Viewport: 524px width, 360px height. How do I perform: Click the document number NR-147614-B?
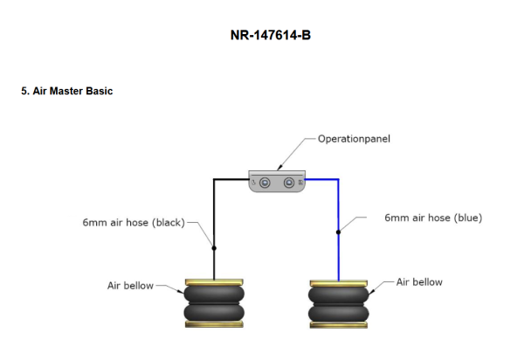[262, 38]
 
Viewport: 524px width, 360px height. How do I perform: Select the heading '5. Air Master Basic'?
[67, 91]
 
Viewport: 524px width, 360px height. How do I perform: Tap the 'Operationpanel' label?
[355, 139]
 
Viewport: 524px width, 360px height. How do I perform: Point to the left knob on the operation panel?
[264, 183]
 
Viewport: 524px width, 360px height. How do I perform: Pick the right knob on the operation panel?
[290, 183]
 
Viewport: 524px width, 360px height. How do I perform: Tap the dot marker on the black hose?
[214, 248]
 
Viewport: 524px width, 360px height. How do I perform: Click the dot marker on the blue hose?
[338, 232]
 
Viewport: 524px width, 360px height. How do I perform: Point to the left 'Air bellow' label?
[130, 285]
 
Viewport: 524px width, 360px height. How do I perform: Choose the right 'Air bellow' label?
[419, 282]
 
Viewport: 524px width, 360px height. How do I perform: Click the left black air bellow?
[213, 302]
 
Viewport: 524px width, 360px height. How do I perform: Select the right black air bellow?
[338, 302]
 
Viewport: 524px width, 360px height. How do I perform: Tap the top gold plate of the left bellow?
[213, 282]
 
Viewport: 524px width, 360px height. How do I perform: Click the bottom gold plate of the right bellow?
[338, 324]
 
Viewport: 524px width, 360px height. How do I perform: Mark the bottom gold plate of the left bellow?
[213, 324]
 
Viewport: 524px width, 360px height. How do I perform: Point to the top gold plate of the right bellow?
[338, 282]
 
